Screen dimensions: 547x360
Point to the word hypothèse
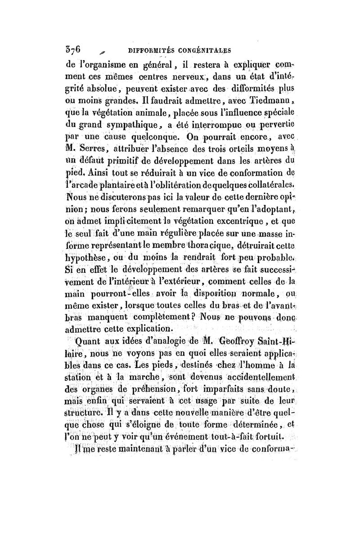click(85, 258)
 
